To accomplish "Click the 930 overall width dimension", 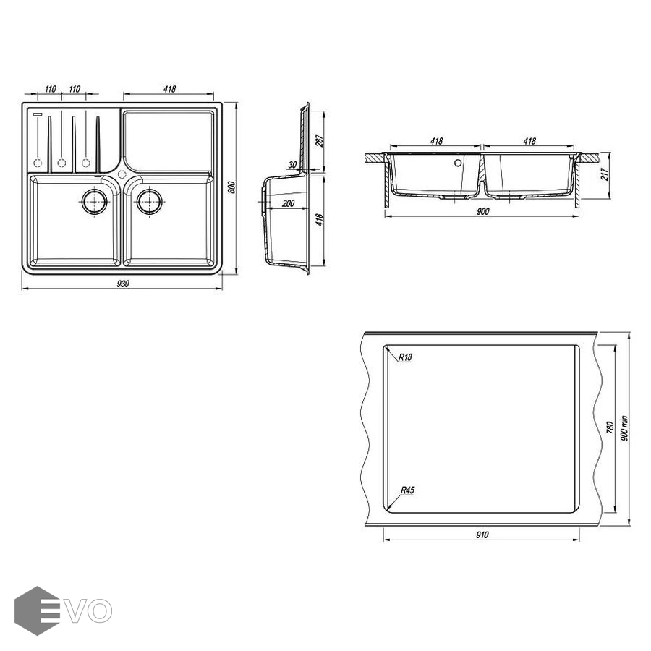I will tap(123, 283).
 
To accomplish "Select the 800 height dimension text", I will tap(231, 187).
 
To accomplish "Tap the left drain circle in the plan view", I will tap(93, 201).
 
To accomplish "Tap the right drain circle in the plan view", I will tap(149, 201).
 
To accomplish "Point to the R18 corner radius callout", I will tap(404, 357).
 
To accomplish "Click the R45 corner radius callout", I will tap(407, 491).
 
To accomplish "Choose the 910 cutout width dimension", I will tap(482, 535).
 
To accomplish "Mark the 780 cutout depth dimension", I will tap(609, 428).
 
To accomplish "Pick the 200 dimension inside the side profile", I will tap(288, 204).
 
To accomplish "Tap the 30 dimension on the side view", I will tap(292, 166).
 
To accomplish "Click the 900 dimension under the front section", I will tap(483, 211).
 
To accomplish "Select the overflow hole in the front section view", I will tap(457, 163).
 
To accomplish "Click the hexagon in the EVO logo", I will tap(36, 610).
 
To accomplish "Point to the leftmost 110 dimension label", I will tap(50, 89).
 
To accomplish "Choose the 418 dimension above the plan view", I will tap(169, 89).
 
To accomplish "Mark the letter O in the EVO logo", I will tap(101, 610).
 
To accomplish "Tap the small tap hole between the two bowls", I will tap(121, 174).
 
